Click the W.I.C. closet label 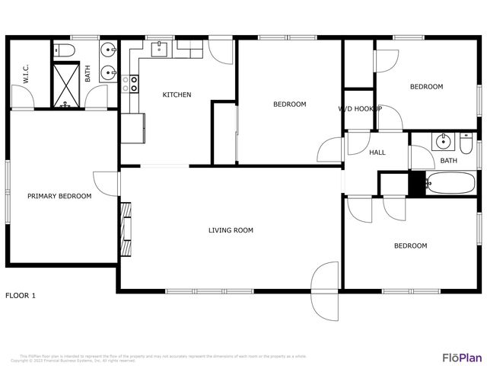coord(26,74)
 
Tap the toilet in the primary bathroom coord(65,51)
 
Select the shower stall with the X coord(66,85)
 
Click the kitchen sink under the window coord(160,50)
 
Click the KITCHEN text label coord(177,95)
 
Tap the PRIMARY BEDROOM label coord(59,196)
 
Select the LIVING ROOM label coord(231,230)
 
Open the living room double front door coord(324,290)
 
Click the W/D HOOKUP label coord(360,109)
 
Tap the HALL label coord(377,152)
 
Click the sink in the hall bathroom coord(442,142)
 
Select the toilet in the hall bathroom coord(465,142)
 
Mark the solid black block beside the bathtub coord(416,184)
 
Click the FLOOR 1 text coord(21,295)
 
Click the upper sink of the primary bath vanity coord(108,51)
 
